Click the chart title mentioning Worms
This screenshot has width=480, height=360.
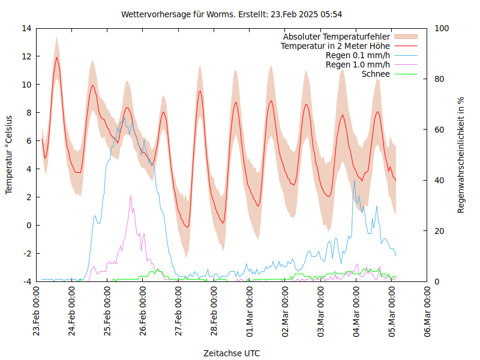tap(232, 14)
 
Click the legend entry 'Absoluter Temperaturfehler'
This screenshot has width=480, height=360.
tap(336, 37)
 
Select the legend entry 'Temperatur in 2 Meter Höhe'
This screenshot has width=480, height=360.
tap(335, 46)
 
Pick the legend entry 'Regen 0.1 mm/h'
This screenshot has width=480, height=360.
tap(358, 55)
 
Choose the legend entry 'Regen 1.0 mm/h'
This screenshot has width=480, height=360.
tap(358, 64)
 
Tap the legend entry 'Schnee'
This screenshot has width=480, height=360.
tap(376, 74)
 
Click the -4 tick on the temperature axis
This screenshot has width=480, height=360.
tap(27, 281)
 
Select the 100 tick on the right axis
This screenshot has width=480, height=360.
tap(441, 28)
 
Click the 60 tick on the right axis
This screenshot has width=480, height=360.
tap(439, 130)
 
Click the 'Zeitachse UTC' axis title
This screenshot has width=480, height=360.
tap(232, 353)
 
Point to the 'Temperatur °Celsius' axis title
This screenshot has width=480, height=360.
tap(9, 155)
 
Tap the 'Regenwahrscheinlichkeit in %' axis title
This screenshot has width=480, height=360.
tap(461, 155)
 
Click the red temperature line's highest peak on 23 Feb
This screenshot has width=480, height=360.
tap(56, 58)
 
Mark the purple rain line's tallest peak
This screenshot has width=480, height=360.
tap(131, 196)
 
